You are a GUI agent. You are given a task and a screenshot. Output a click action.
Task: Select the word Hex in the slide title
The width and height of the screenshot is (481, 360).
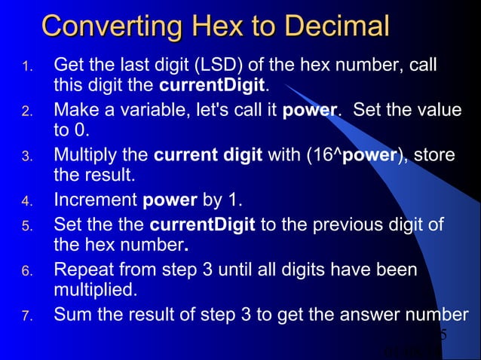220,27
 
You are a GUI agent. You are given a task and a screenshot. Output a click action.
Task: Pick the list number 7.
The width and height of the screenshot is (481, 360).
26,317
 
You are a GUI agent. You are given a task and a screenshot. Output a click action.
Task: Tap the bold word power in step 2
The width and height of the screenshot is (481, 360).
309,111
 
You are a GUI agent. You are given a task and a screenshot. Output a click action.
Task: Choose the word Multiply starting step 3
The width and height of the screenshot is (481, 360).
85,157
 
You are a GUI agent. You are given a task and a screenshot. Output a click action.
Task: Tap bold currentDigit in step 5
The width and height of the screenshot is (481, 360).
203,225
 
